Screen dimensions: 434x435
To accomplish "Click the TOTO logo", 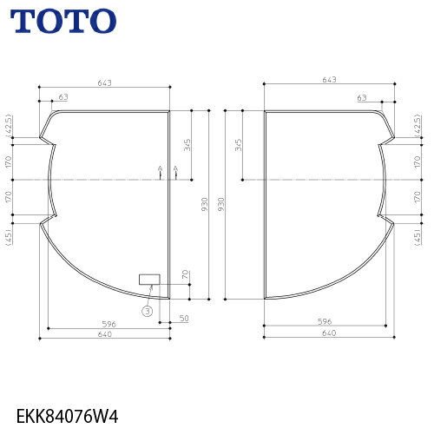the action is [63, 21].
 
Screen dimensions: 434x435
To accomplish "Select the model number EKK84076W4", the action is [68, 417].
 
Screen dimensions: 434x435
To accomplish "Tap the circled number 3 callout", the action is [148, 311].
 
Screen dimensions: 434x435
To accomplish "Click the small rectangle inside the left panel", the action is [149, 280].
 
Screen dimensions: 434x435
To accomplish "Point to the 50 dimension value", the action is [184, 318].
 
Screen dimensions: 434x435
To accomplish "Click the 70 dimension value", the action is [186, 274].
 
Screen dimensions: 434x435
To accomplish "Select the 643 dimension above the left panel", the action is [104, 83].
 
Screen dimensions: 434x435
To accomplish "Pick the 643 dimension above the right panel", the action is [329, 80].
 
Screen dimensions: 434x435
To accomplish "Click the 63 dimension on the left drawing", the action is [63, 97].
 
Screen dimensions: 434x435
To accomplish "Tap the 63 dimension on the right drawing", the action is [362, 98].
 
